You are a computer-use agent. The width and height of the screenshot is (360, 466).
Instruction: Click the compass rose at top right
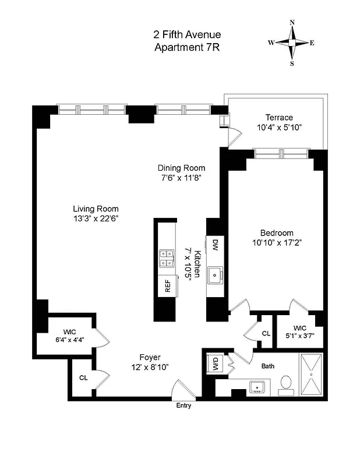click(291, 43)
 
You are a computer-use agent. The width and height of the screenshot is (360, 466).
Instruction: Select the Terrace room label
click(279, 117)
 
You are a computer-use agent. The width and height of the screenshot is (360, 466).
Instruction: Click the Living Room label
click(96, 209)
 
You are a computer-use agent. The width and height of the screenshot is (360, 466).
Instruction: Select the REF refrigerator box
click(167, 285)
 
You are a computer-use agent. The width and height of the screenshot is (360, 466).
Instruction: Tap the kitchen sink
click(216, 273)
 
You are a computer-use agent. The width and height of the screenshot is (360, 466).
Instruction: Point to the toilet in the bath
click(286, 384)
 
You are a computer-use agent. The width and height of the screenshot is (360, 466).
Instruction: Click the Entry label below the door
click(183, 405)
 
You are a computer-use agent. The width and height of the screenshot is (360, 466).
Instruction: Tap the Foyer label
click(150, 357)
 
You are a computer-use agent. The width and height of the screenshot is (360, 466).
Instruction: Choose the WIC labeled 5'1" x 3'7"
click(299, 331)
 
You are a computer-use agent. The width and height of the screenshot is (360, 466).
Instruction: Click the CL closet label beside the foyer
click(83, 377)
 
